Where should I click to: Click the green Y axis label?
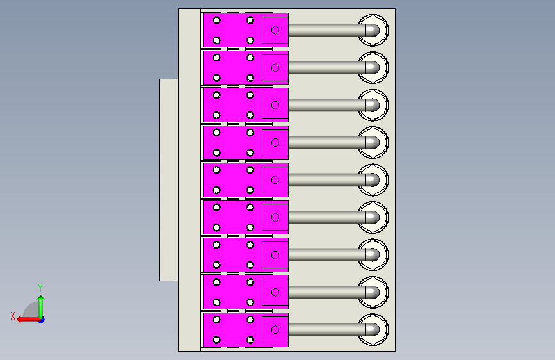(40, 288)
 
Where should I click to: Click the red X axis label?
(13, 316)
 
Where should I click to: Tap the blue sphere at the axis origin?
(42, 320)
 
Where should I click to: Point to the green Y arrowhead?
(41, 299)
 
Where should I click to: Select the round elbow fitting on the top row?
(373, 30)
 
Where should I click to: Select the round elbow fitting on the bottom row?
(373, 329)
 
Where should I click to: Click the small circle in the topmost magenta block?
(275, 30)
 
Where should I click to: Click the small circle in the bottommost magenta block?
(275, 329)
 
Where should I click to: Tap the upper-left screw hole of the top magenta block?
(216, 20)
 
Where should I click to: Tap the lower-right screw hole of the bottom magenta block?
(250, 340)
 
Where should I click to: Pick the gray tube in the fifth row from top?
(326, 180)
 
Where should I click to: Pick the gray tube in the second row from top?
(326, 67)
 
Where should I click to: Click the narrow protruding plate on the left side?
(169, 180)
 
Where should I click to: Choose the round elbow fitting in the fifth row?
(373, 180)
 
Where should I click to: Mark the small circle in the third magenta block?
(275, 105)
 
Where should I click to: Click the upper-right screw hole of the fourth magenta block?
(250, 133)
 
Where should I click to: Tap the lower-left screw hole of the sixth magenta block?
(216, 227)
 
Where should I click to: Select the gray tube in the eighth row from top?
(326, 292)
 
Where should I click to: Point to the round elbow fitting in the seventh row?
(373, 255)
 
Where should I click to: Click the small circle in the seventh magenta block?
(275, 255)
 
